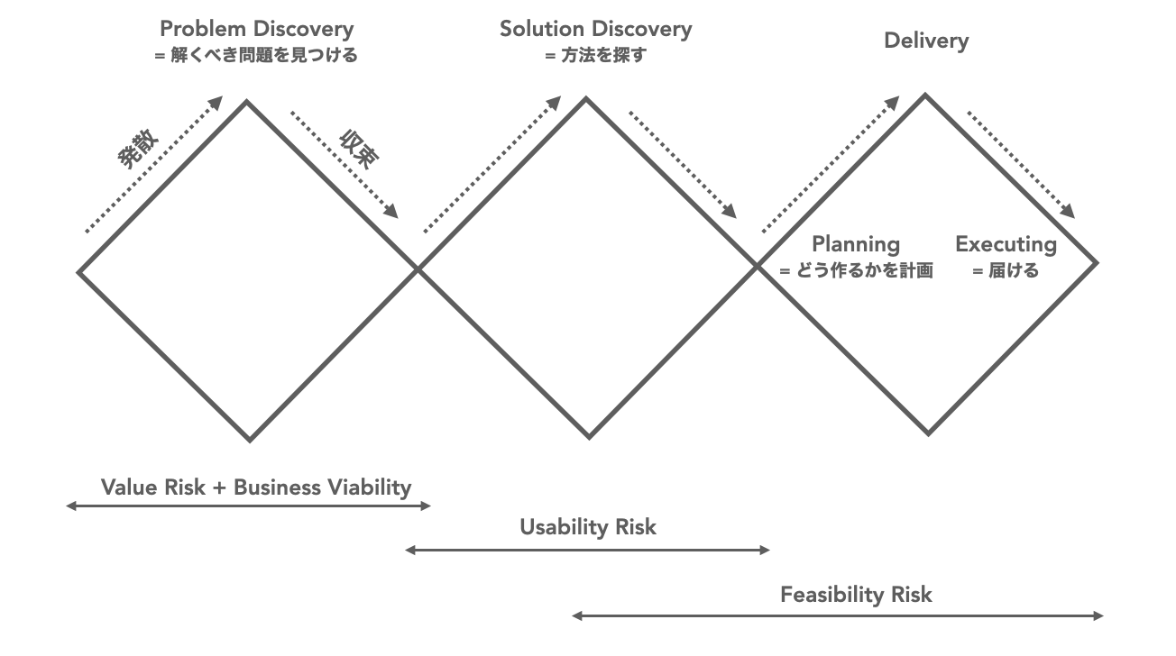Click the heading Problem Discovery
256,29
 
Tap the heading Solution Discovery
596,29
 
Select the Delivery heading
926,41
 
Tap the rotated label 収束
358,150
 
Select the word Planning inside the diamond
856,244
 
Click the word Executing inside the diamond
1006,244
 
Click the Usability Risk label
588,527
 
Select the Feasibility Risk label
856,595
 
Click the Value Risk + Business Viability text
256,487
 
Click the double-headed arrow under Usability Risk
588,550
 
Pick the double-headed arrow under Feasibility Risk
838,616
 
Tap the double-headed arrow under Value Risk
249,506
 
